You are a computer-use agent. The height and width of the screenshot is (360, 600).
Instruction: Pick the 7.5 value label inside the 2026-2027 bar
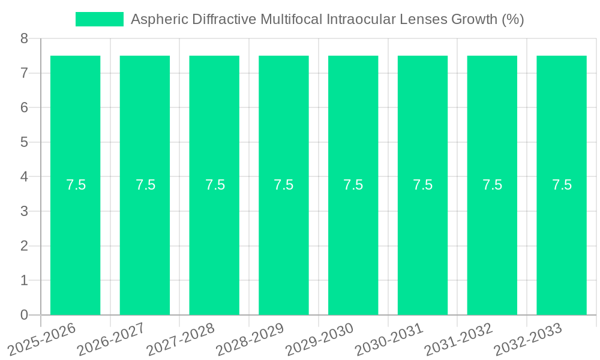pyautogui.click(x=145, y=185)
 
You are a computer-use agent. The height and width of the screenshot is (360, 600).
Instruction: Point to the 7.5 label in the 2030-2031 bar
pyautogui.click(x=423, y=185)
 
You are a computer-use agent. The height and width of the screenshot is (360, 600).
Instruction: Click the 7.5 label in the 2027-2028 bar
pyautogui.click(x=215, y=185)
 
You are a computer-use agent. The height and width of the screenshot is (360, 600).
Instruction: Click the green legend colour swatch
pyautogui.click(x=99, y=19)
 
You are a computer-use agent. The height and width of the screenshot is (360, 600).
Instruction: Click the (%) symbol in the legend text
pyautogui.click(x=512, y=19)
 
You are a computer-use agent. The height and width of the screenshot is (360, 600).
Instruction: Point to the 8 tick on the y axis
pyautogui.click(x=24, y=39)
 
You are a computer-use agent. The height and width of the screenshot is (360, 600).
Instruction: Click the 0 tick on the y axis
pyautogui.click(x=24, y=315)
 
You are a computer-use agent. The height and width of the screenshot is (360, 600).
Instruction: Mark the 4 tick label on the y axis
pyautogui.click(x=24, y=177)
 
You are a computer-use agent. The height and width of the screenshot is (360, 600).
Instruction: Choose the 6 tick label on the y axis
pyautogui.click(x=24, y=108)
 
